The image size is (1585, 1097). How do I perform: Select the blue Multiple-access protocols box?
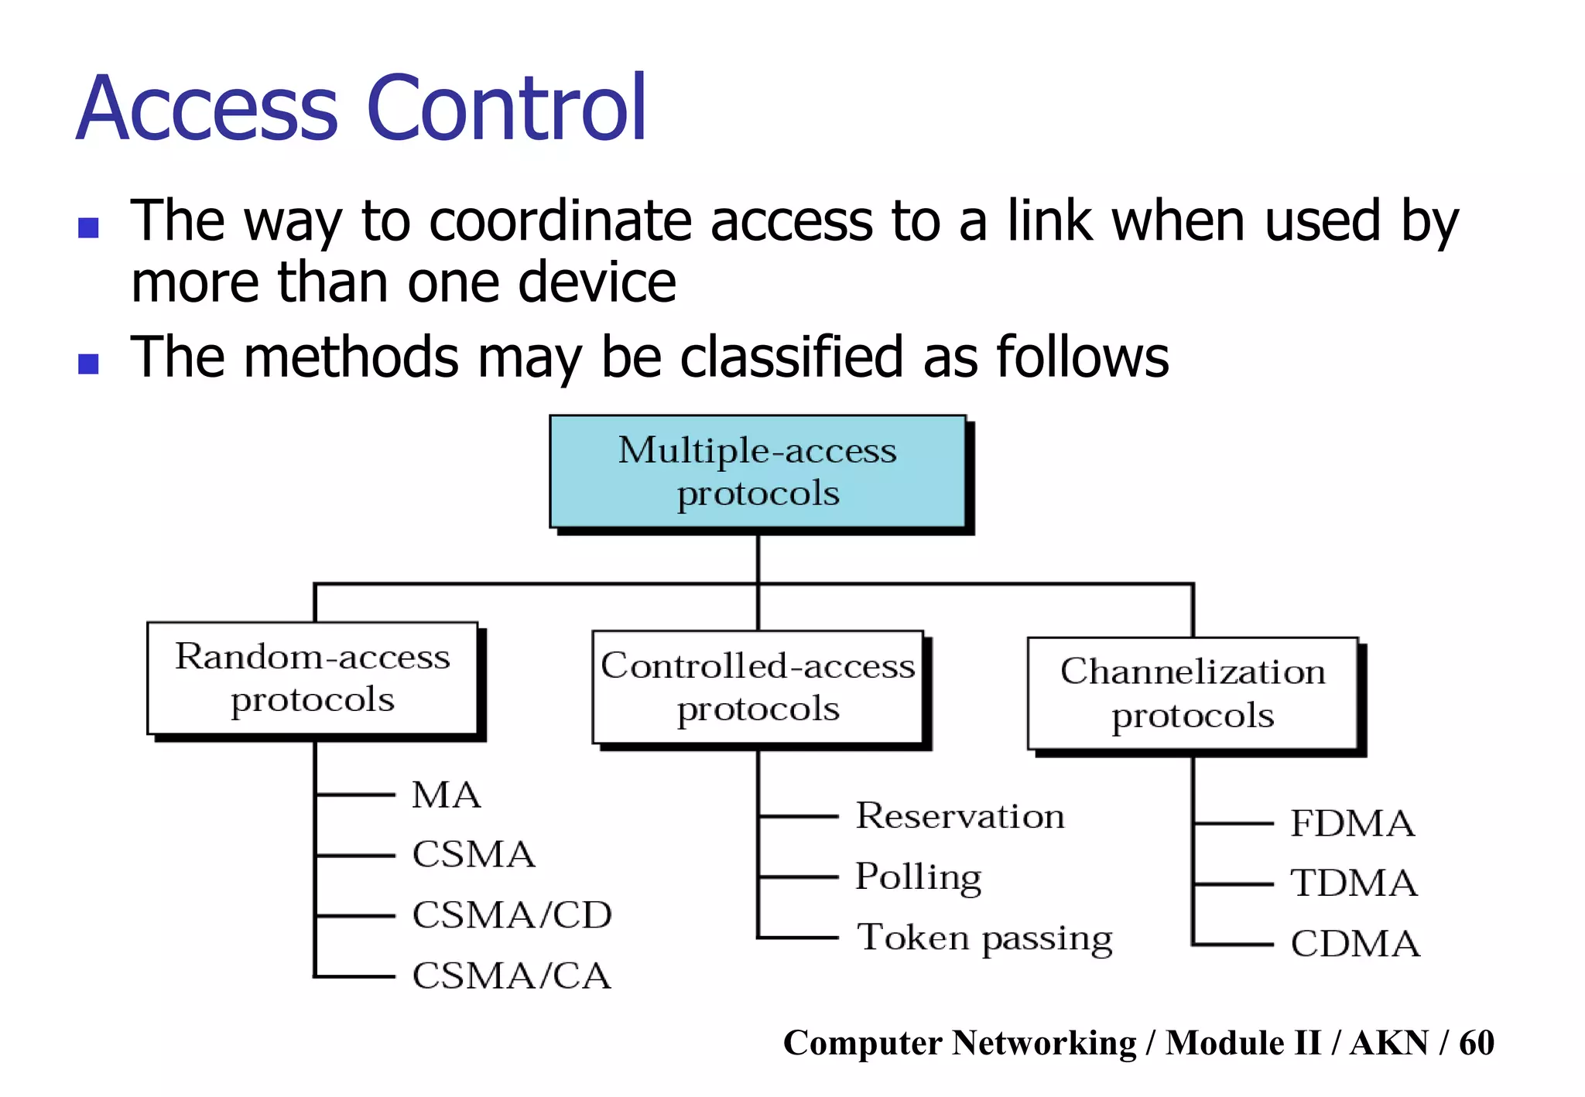click(x=757, y=471)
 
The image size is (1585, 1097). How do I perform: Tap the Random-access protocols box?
click(x=313, y=678)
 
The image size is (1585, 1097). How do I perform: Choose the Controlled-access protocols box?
click(x=758, y=687)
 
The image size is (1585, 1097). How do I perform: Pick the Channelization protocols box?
click(x=1192, y=693)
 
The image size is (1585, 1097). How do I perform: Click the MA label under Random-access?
click(x=447, y=795)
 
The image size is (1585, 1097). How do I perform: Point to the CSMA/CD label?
click(x=512, y=915)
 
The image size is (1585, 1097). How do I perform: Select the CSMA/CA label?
click(x=512, y=976)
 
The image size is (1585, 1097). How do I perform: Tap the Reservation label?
click(x=960, y=816)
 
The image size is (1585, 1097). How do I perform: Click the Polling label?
click(x=918, y=877)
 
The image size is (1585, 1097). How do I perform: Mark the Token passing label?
click(x=984, y=938)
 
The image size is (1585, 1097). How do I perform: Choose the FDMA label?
click(x=1352, y=823)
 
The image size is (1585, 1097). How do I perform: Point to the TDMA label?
click(x=1354, y=883)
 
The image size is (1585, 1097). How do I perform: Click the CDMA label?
click(x=1355, y=944)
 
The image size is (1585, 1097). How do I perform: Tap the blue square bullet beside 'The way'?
click(x=89, y=227)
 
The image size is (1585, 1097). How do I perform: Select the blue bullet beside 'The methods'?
click(x=89, y=364)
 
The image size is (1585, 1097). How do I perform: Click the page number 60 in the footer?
click(x=1476, y=1043)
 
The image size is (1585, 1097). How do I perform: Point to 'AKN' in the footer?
click(x=1388, y=1043)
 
